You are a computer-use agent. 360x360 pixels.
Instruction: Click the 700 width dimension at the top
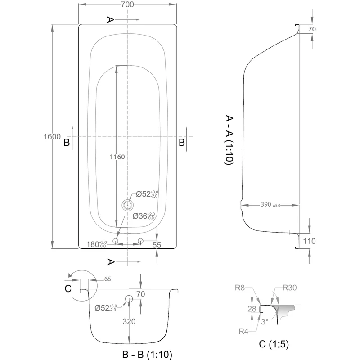pos(127,4)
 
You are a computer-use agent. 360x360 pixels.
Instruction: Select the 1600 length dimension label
pos(52,137)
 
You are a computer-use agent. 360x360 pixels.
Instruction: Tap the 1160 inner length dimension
pos(117,157)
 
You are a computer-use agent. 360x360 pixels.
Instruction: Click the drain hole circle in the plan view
pos(128,205)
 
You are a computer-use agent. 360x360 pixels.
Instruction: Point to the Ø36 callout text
pos(144,216)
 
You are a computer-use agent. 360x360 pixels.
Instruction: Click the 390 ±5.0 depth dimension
pos(270,204)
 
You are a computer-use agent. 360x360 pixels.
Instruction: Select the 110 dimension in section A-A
pos(309,241)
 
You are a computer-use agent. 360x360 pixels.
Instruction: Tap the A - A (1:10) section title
pos(229,140)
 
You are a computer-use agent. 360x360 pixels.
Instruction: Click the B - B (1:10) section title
pos(147,354)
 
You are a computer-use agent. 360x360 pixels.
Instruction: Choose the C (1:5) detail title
pos(274,344)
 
